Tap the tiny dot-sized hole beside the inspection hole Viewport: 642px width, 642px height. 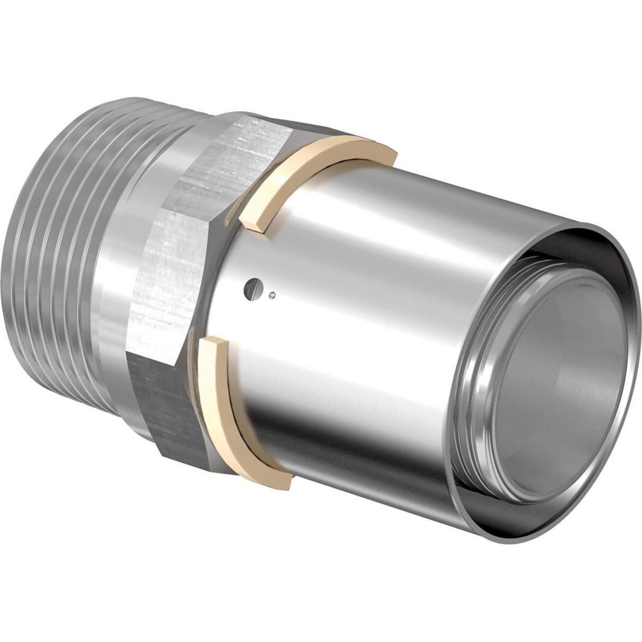(273, 293)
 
